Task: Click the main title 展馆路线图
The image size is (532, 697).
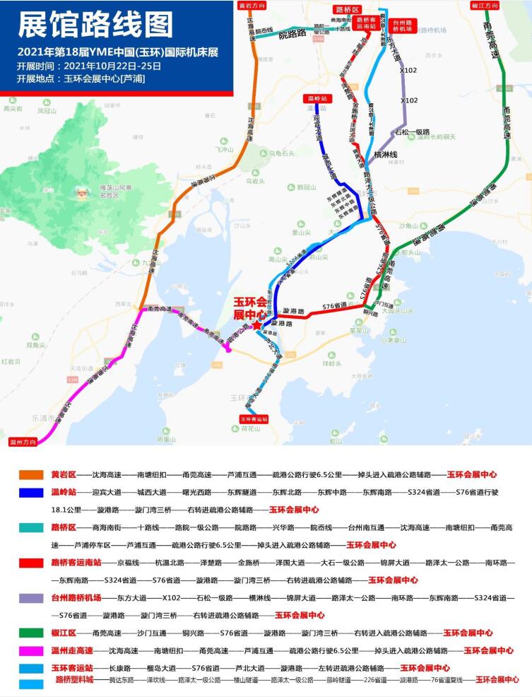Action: [x=95, y=25]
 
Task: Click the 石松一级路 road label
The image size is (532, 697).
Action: [x=413, y=131]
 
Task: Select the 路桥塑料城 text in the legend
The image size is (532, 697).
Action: [x=75, y=679]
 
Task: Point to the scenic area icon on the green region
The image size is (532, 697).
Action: [x=88, y=191]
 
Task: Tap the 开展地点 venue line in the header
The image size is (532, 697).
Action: [x=81, y=78]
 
